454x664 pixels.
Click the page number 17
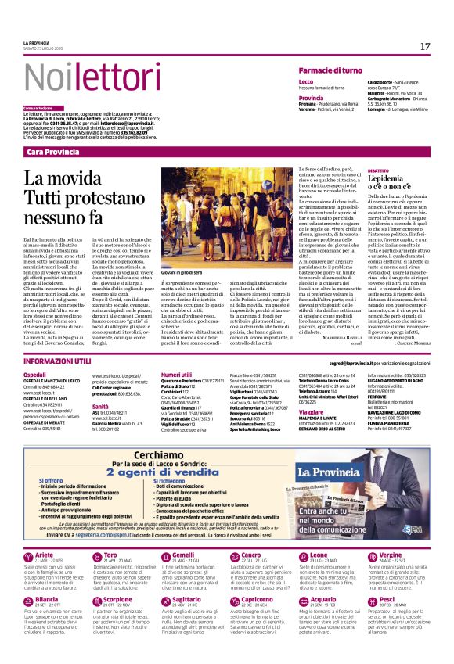pos(424,47)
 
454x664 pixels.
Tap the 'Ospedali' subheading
pos(35,375)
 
